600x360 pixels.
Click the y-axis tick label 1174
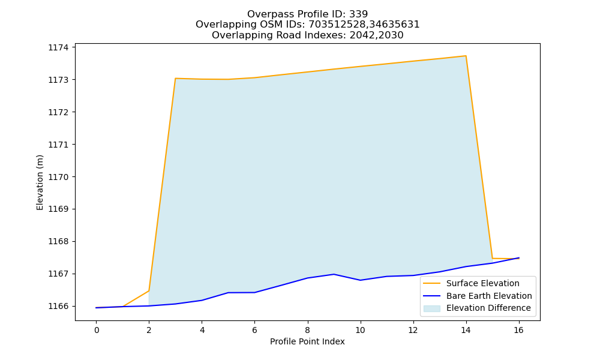58,47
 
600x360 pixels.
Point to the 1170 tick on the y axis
58,177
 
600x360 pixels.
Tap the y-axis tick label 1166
58,306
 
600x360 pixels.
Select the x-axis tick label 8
307,330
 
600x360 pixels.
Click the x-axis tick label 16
518,330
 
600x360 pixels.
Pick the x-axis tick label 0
97,330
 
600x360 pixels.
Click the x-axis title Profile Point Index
307,341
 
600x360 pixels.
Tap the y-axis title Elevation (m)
40,182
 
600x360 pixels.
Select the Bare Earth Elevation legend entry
478,296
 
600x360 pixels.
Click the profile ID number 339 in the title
359,14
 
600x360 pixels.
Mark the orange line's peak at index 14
466,56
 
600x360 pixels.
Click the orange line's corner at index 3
175,79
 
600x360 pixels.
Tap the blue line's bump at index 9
334,274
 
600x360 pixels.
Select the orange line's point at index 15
493,258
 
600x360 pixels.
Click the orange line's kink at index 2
149,291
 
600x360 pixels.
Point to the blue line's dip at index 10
360,280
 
